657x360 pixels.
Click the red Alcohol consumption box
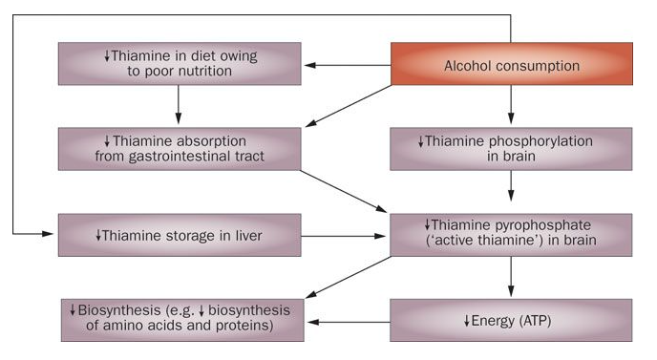click(x=511, y=65)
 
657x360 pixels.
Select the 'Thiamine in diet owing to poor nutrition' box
click(x=180, y=65)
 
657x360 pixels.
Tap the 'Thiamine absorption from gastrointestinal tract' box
click(x=180, y=149)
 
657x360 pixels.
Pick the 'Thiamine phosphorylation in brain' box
click(x=511, y=149)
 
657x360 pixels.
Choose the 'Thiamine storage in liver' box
click(x=180, y=235)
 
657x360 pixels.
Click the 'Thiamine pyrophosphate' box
click(x=511, y=233)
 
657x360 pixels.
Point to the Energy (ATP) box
click(x=511, y=320)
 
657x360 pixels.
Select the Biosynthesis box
click(x=180, y=320)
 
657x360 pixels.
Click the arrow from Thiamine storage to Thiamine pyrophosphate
click(x=346, y=235)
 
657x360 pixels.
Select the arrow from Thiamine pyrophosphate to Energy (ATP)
click(x=511, y=277)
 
